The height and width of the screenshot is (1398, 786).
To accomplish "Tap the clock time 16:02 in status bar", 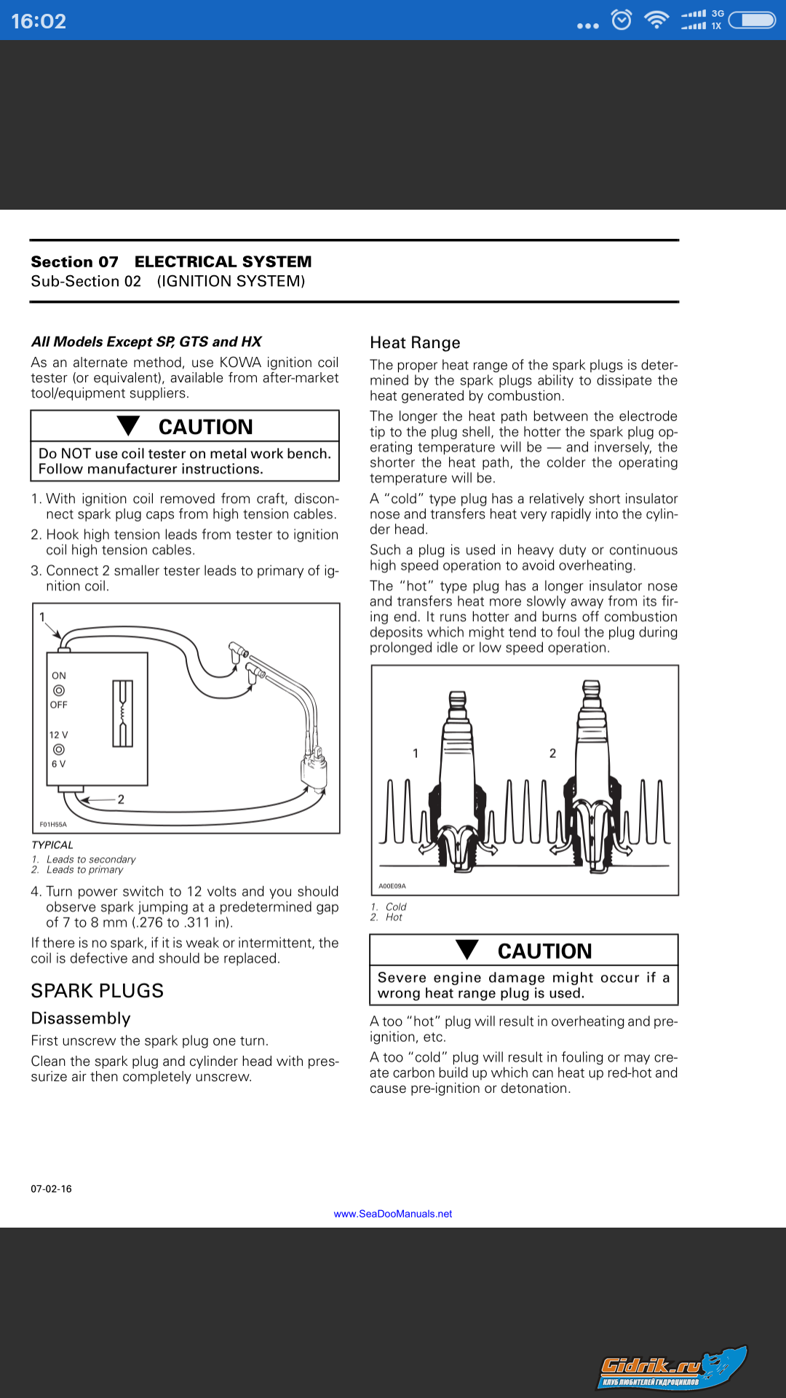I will (x=39, y=21).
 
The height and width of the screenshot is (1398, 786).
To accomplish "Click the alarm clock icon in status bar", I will (x=622, y=20).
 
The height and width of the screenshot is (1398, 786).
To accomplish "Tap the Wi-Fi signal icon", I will (x=656, y=20).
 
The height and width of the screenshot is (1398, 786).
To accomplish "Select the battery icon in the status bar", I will (x=753, y=20).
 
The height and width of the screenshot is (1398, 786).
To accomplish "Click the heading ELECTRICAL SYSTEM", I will (x=223, y=261).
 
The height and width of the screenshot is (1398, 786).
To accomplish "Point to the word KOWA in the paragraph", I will (x=240, y=363).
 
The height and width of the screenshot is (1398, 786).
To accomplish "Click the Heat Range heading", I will (x=415, y=343).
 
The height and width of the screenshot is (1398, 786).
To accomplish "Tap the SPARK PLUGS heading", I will (x=97, y=991).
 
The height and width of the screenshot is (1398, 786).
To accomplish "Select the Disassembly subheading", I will (x=81, y=1019).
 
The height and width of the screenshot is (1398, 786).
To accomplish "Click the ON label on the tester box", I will (x=59, y=676).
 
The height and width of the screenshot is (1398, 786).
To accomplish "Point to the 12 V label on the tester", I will (x=58, y=735).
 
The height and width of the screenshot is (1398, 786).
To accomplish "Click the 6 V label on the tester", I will (x=58, y=764).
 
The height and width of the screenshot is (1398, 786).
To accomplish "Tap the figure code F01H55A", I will (x=53, y=824).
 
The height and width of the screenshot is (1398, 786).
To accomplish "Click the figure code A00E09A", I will (x=392, y=886).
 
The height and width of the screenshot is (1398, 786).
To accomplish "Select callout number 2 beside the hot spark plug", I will (x=552, y=754).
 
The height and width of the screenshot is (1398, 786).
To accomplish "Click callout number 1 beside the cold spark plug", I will (x=416, y=754).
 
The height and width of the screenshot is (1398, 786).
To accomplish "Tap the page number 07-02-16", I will (x=51, y=1189).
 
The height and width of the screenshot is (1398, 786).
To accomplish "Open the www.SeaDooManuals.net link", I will (x=393, y=1214).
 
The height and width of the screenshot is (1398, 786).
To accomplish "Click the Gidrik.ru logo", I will (x=670, y=1368).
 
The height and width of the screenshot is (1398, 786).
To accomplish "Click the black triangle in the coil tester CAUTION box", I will (x=129, y=425).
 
